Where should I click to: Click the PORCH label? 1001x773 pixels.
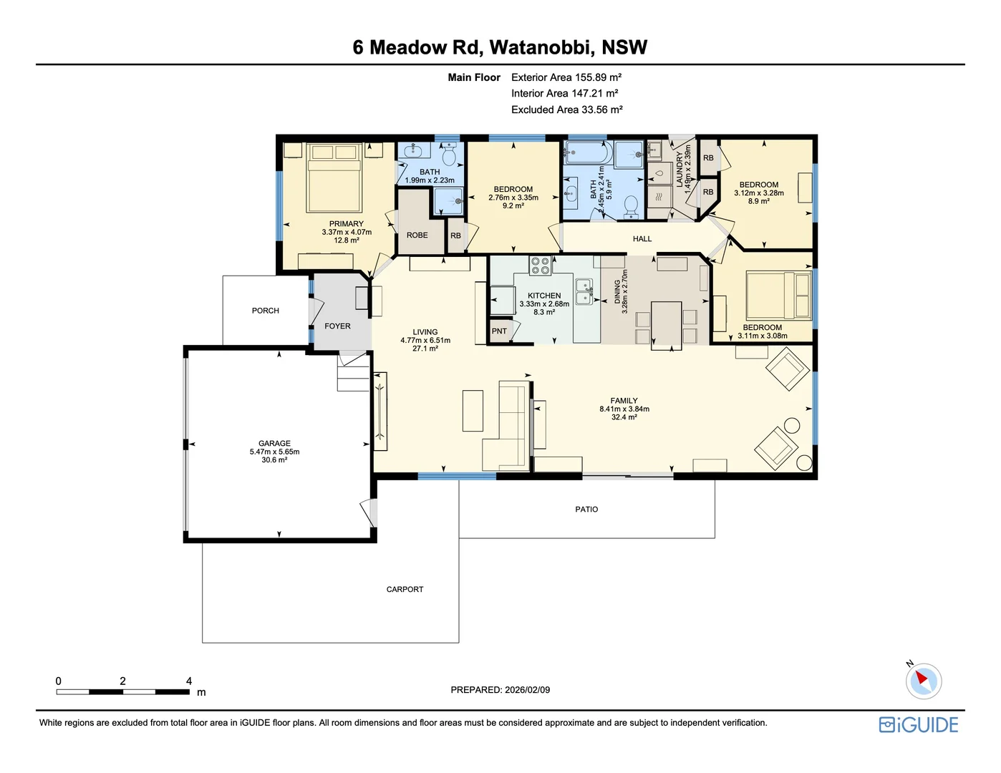[x=265, y=311]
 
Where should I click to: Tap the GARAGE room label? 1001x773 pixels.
[x=274, y=444]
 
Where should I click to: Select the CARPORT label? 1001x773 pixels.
[x=405, y=590]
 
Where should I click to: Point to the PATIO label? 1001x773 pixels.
[x=586, y=510]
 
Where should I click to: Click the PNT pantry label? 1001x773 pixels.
[x=499, y=331]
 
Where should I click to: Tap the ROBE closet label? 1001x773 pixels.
[x=417, y=235]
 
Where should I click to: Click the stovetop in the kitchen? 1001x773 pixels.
[x=540, y=266]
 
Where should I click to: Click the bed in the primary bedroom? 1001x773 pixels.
[x=334, y=179]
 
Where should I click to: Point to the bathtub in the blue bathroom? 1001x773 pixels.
[x=587, y=153]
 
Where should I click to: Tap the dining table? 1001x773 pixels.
[x=666, y=324]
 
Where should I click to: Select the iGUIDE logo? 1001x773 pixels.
[x=919, y=725]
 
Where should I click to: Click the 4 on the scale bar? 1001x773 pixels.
[x=189, y=681]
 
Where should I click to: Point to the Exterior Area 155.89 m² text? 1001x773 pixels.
[x=566, y=77]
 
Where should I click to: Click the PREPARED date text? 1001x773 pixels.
[x=500, y=690]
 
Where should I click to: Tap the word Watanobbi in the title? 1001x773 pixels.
[x=541, y=47]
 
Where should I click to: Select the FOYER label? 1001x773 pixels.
[x=337, y=326]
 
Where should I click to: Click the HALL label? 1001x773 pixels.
[x=642, y=239]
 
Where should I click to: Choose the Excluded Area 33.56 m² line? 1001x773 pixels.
[x=566, y=110]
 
